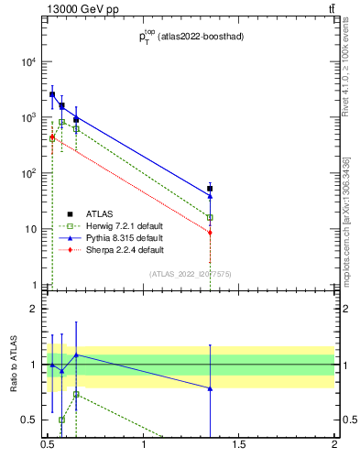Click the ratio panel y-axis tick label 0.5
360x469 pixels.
(31, 420)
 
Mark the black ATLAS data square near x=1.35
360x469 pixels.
(210, 189)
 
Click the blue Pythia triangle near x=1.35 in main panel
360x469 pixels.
(210, 195)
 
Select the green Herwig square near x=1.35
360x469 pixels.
(210, 217)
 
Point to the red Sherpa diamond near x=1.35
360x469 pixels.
(210, 233)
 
